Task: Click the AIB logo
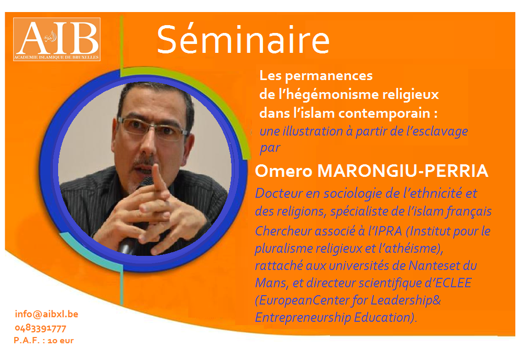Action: (x=57, y=39)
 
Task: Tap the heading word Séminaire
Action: (x=243, y=40)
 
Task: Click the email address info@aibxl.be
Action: (x=47, y=314)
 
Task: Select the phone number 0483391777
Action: (x=40, y=328)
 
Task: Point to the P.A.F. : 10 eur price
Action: (x=43, y=341)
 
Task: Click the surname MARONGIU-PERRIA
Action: (x=403, y=171)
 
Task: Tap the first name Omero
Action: (x=283, y=171)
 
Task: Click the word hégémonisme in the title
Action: (x=327, y=94)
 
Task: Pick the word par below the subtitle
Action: (x=270, y=148)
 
